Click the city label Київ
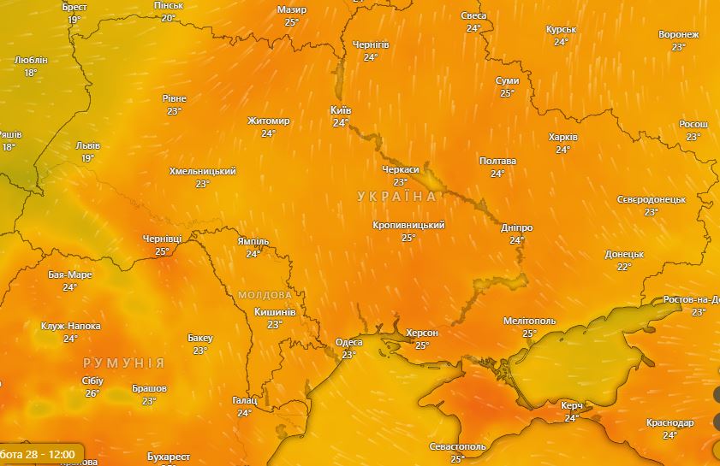click(341, 111)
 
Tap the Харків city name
click(562, 137)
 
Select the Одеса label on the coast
click(348, 343)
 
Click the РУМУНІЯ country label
click(123, 363)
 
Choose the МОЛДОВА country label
click(265, 294)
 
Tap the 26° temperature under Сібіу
click(92, 393)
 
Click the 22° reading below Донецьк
click(624, 266)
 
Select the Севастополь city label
click(458, 447)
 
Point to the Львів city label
click(87, 146)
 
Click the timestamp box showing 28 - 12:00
click(39, 453)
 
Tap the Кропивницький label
click(408, 225)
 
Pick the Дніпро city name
click(516, 228)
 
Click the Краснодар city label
click(669, 423)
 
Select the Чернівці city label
click(163, 240)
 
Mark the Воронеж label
click(679, 35)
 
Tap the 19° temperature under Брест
click(74, 19)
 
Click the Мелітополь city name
click(529, 321)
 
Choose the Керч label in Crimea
click(572, 405)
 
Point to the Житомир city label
click(269, 121)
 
